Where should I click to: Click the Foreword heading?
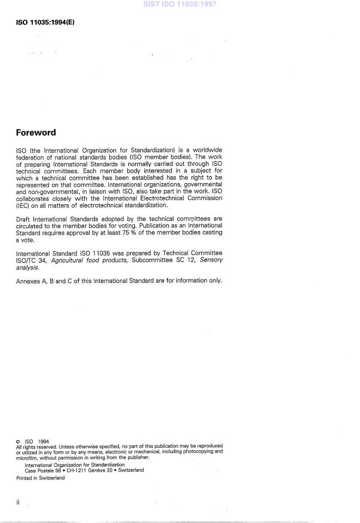pyautogui.click(x=39, y=133)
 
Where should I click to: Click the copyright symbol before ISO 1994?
pyautogui.click(x=19, y=442)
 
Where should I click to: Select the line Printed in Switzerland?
pyautogui.click(x=41, y=478)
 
